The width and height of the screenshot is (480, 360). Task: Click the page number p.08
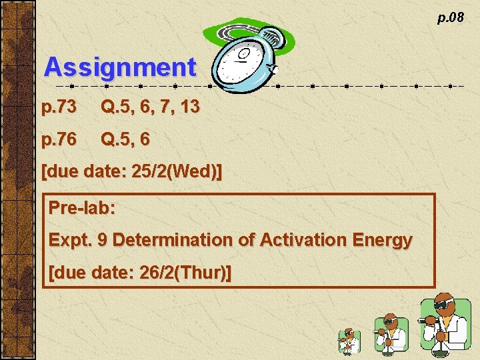pos(450,17)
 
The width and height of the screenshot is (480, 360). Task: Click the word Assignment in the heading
pos(120,67)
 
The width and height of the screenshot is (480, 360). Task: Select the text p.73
pos(59,107)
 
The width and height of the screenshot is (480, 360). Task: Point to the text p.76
pos(59,139)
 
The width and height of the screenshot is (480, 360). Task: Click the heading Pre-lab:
pos(82,207)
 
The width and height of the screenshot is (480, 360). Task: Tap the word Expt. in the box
pos(70,240)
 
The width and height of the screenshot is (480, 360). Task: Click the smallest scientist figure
pos(348,340)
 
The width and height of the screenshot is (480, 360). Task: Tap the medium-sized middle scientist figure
pos(391,333)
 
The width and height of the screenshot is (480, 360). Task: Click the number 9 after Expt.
pos(102,240)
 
